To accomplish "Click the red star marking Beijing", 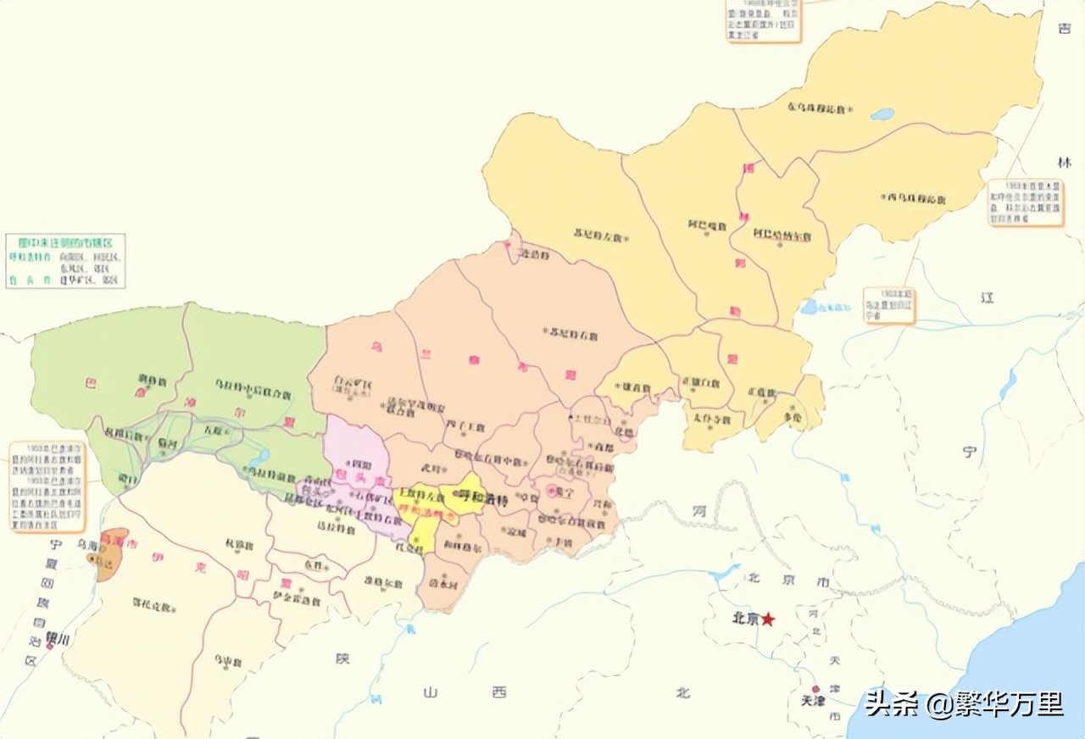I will (768, 620).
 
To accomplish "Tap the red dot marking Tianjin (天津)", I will (815, 689).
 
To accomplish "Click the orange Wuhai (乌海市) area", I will (112, 556).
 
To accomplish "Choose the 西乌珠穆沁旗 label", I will (915, 198).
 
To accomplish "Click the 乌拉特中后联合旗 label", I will (252, 391).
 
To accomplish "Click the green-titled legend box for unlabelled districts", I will (65, 261).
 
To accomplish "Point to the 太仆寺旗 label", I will (710, 418).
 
